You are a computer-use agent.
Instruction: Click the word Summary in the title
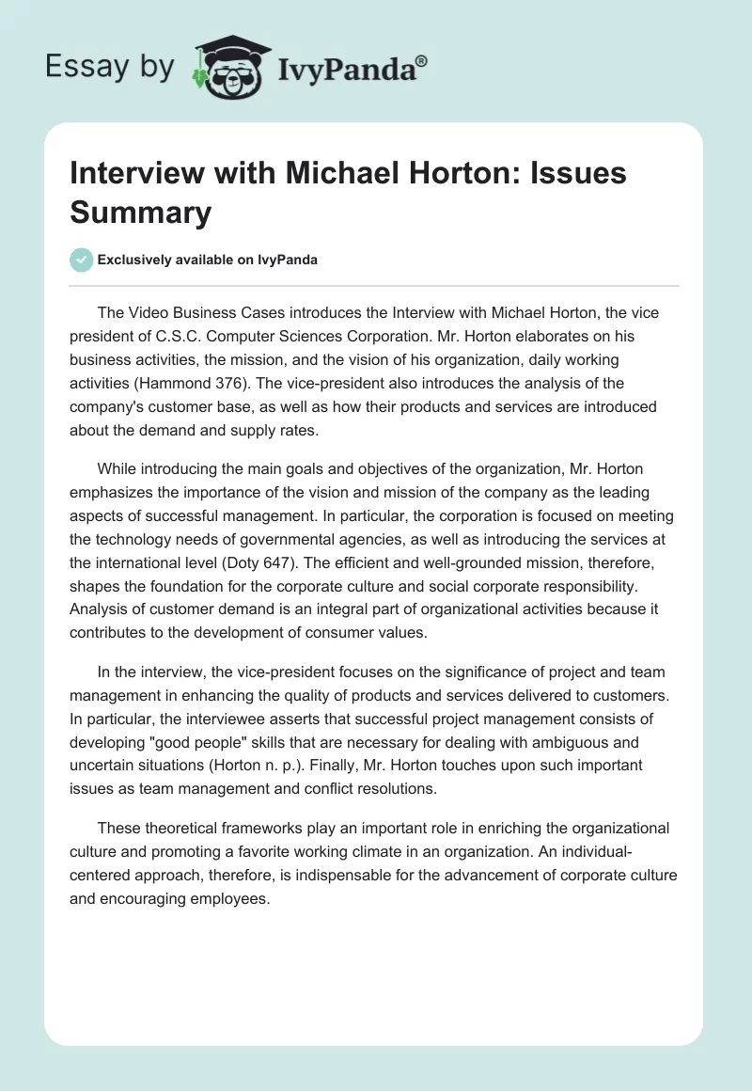click(x=141, y=213)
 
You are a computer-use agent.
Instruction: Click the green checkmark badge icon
click(x=83, y=261)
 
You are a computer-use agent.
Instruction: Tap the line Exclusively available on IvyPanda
click(x=207, y=261)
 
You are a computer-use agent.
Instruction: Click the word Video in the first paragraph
click(x=149, y=316)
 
